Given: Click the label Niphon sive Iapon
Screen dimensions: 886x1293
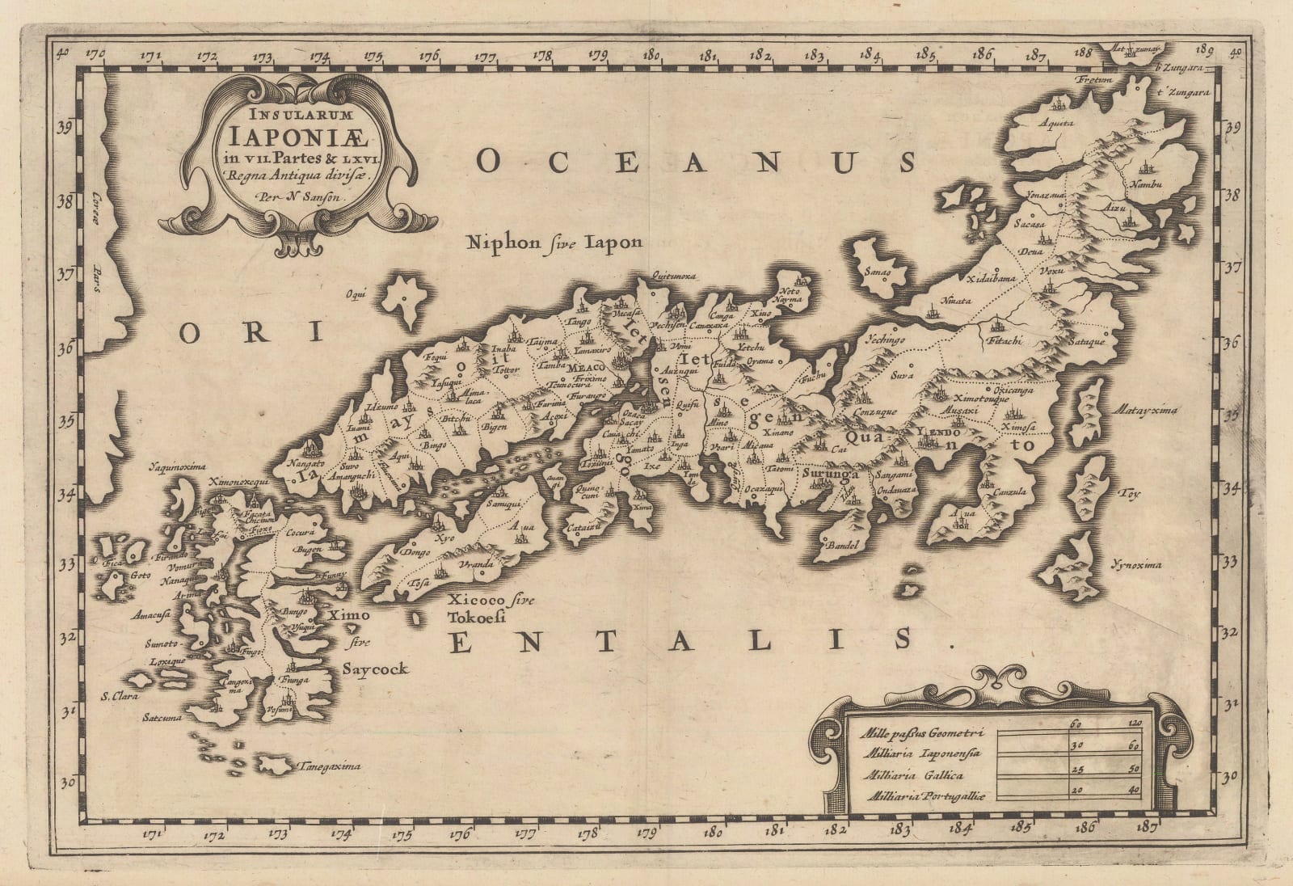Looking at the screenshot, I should [x=554, y=242].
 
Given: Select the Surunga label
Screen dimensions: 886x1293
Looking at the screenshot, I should [x=830, y=474].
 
